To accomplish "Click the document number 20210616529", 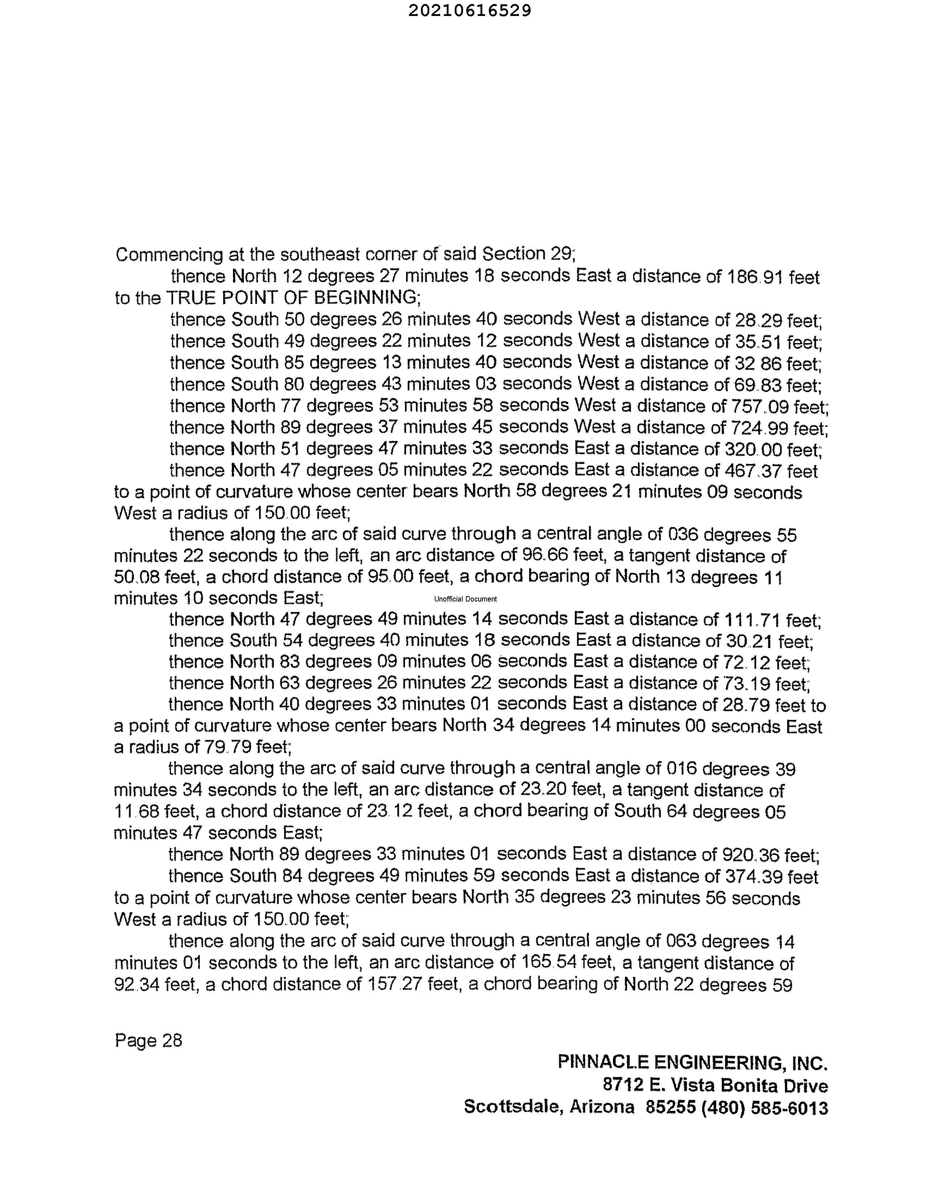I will coord(469,11).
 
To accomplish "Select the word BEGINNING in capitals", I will coord(366,298).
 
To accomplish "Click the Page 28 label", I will coord(148,1040).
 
